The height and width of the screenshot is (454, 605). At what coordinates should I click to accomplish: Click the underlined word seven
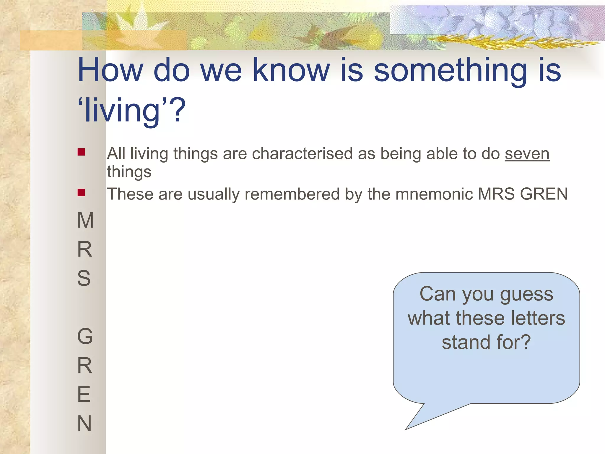(x=527, y=154)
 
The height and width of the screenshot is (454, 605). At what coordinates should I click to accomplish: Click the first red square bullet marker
(x=81, y=152)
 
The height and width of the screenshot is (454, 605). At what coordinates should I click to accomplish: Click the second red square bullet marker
(x=81, y=193)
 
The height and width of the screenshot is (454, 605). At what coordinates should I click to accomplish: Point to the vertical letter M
(x=85, y=220)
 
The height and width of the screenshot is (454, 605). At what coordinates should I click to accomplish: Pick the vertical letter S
(x=84, y=278)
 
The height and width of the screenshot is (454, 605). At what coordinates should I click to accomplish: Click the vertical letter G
(x=85, y=336)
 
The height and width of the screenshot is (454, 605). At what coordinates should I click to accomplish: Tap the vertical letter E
(x=84, y=394)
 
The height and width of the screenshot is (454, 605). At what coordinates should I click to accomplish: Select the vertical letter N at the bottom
(x=84, y=423)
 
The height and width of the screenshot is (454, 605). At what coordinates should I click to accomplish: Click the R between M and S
(x=85, y=249)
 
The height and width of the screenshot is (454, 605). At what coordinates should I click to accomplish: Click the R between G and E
(x=85, y=365)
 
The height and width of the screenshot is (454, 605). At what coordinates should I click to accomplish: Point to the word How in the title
(x=110, y=70)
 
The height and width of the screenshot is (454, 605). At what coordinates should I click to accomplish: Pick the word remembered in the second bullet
(x=292, y=194)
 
